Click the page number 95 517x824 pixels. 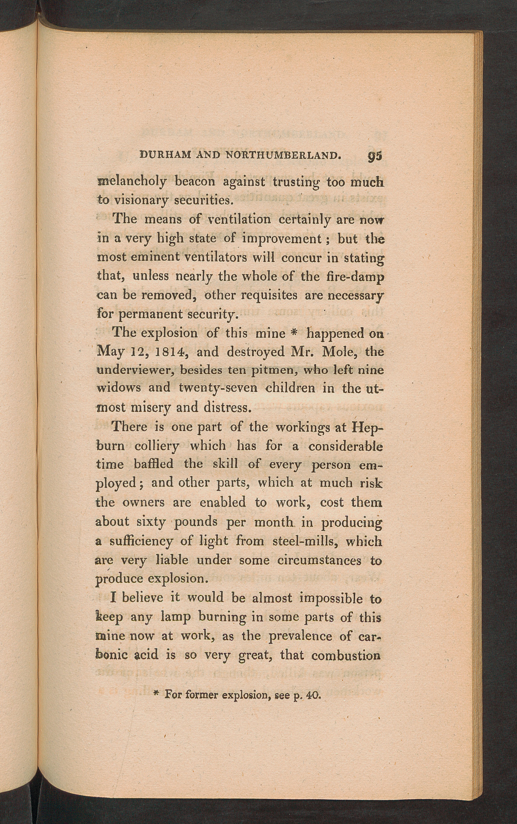(x=375, y=156)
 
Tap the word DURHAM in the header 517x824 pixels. (x=166, y=155)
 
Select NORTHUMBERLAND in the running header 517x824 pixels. (x=283, y=155)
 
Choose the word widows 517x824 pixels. (x=118, y=388)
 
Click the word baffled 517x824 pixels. (x=153, y=464)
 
